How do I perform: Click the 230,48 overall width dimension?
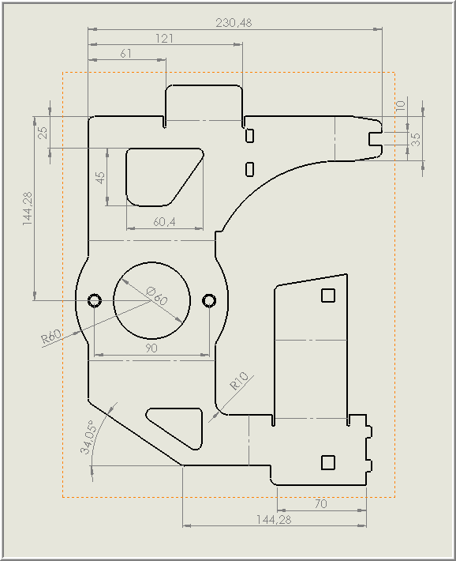pos(234,23)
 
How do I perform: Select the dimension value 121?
pos(164,38)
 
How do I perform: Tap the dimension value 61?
pos(125,54)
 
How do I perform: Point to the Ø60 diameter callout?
pos(157,296)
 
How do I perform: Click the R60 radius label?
pos(50,337)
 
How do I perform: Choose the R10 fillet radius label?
pos(239,381)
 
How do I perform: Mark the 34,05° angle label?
pos(88,437)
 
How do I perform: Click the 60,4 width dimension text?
pos(164,222)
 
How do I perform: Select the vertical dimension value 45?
pos(101,178)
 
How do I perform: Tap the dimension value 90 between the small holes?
pos(151,348)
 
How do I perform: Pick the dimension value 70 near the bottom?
pos(321,504)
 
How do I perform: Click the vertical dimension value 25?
pos(43,133)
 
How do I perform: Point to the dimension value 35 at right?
pos(416,140)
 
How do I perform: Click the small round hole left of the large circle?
pos(95,300)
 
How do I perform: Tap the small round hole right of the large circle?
pos(209,300)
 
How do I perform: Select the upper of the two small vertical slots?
pos(250,135)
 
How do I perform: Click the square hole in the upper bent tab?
pos(328,296)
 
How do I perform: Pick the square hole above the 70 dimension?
pos(328,462)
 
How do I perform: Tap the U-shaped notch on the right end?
pos(376,139)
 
